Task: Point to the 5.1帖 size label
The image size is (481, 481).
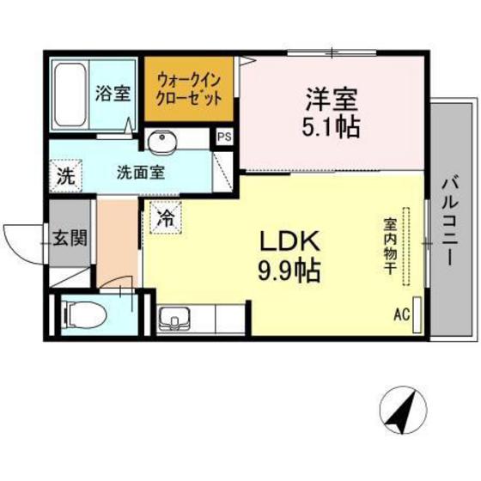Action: tap(329, 127)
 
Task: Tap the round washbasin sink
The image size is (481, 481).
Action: tap(160, 142)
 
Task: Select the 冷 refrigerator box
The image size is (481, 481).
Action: tap(164, 218)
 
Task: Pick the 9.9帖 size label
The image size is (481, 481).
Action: tap(288, 273)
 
